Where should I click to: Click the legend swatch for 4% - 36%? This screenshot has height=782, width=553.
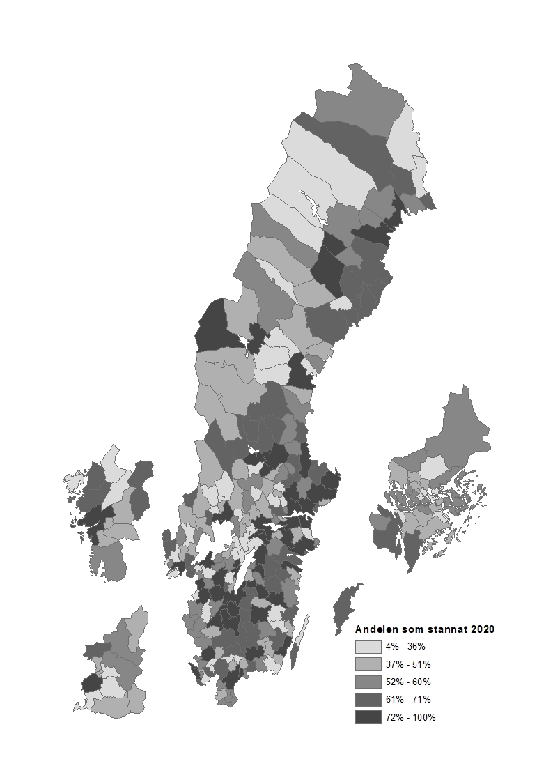pyautogui.click(x=368, y=646)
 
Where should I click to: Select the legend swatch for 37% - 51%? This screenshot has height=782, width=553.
pyautogui.click(x=368, y=664)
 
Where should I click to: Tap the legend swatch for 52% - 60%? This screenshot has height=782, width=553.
pyautogui.click(x=368, y=682)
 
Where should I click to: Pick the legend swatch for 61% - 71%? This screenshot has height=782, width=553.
pyautogui.click(x=368, y=699)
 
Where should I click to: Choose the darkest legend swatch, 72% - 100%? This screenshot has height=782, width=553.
pyautogui.click(x=368, y=717)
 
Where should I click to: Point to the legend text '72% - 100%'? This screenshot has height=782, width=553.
pyautogui.click(x=410, y=717)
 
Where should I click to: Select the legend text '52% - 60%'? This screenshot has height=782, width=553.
pyautogui.click(x=407, y=682)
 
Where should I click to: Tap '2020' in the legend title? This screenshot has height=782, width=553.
pyautogui.click(x=483, y=629)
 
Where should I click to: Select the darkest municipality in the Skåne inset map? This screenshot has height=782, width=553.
pyautogui.click(x=91, y=682)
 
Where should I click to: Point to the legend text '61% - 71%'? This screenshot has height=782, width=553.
pyautogui.click(x=407, y=699)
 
